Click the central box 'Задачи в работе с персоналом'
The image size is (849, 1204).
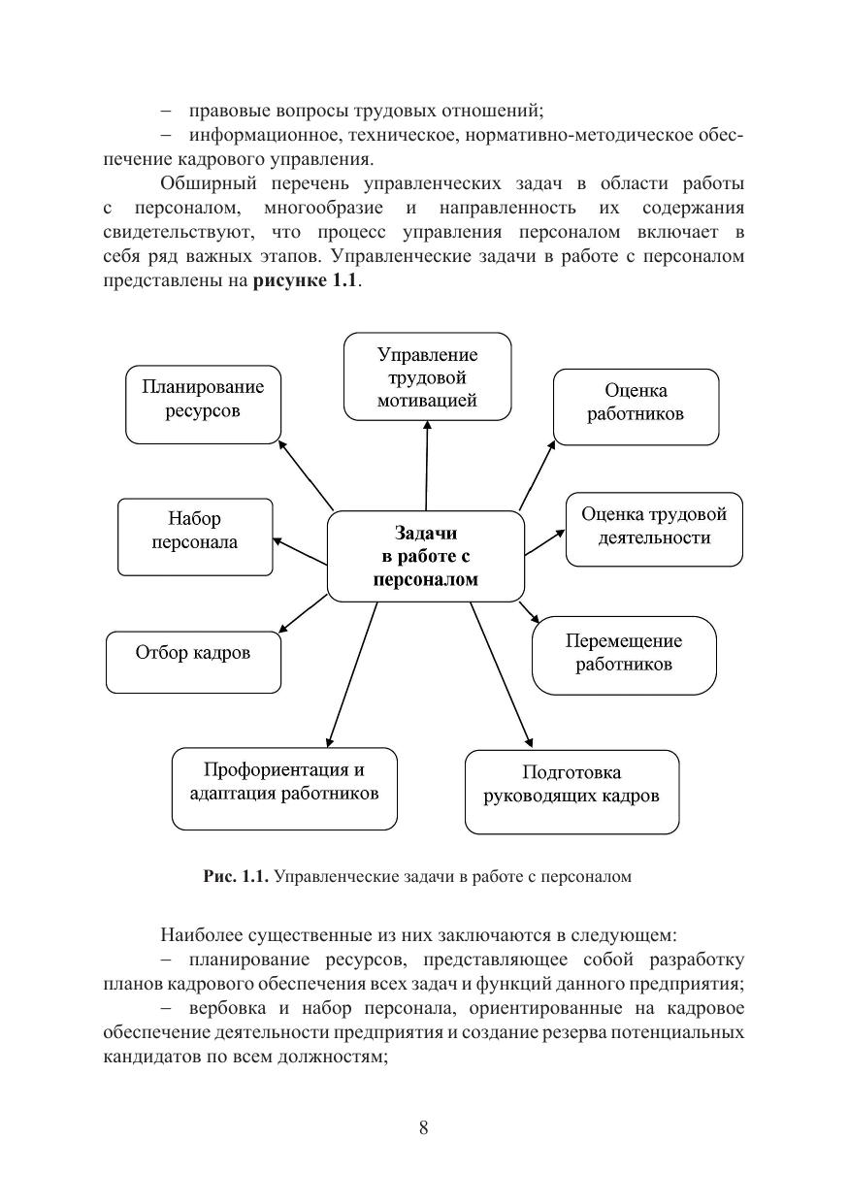[425, 556]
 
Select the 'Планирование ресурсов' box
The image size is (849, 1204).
[203, 404]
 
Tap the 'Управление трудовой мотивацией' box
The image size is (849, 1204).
[427, 376]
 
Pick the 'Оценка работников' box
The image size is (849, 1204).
[636, 406]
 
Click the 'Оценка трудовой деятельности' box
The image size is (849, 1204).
[654, 529]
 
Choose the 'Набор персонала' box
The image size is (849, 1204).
[194, 536]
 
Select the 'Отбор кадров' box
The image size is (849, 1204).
[192, 662]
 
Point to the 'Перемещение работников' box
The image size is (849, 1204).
[624, 655]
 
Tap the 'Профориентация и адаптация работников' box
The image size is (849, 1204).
[284, 788]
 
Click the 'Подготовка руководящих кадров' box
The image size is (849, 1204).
[571, 791]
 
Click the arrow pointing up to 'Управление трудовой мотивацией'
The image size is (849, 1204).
[427, 466]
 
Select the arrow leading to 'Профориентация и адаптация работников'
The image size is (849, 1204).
[352, 673]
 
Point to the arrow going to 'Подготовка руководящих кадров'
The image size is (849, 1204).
[501, 673]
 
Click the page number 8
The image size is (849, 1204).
[423, 1127]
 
